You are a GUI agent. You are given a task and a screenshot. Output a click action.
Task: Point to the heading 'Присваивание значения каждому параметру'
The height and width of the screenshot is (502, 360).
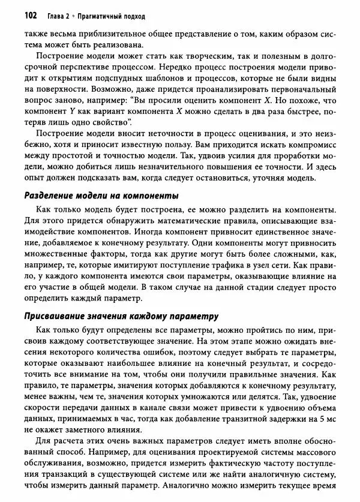tap(120, 316)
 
